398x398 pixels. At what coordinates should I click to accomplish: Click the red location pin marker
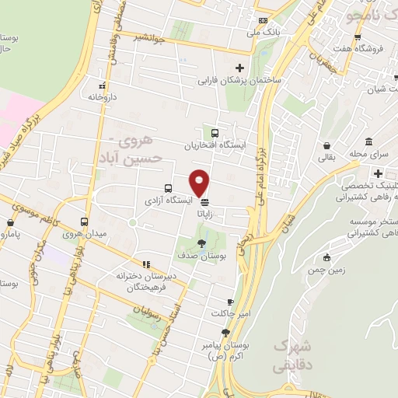click(x=200, y=181)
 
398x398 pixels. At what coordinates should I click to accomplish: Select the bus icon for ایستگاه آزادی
click(x=168, y=188)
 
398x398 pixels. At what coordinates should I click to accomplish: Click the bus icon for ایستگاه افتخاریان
click(x=215, y=133)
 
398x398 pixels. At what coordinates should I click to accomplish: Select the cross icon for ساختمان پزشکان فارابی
click(x=239, y=68)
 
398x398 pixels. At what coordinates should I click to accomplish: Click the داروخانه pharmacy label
click(x=101, y=99)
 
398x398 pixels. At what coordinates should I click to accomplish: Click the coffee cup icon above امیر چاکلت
click(x=229, y=302)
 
